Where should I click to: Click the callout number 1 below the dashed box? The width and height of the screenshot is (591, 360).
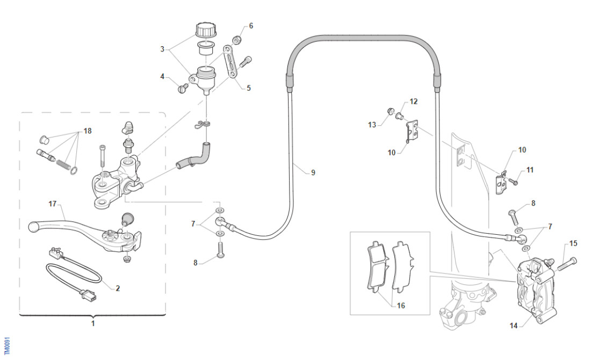92,323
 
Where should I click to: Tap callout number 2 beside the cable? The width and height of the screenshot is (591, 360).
118,288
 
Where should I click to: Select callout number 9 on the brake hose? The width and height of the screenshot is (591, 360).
313,172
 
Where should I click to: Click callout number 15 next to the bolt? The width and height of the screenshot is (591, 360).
573,243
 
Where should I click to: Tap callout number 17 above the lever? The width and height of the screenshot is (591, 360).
53,204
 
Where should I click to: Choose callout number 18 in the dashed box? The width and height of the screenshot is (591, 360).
88,131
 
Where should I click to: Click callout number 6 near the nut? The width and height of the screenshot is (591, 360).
251,26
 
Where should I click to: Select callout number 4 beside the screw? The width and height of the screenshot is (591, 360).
162,76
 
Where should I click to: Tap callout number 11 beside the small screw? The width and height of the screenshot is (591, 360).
530,170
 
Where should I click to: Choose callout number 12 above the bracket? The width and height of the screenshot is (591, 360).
413,101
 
